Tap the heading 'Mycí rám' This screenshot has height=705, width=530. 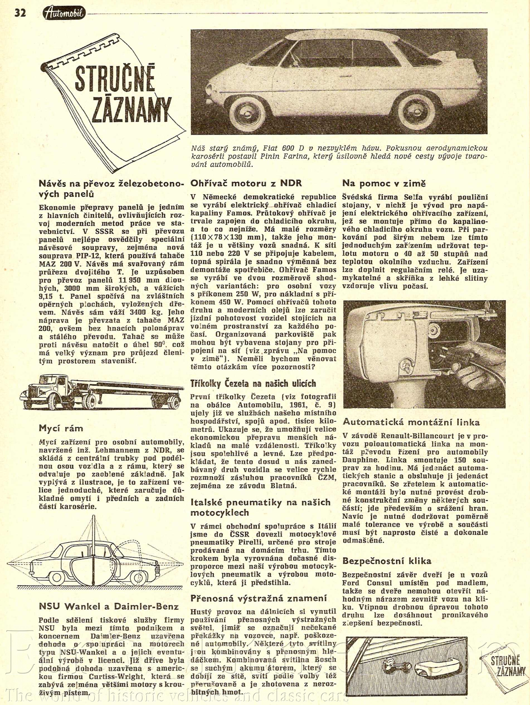tap(61, 428)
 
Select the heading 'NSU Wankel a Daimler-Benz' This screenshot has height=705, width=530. tap(109, 606)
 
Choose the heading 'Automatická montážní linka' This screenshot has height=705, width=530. tap(411, 422)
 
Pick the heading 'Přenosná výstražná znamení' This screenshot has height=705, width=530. tap(259, 598)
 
